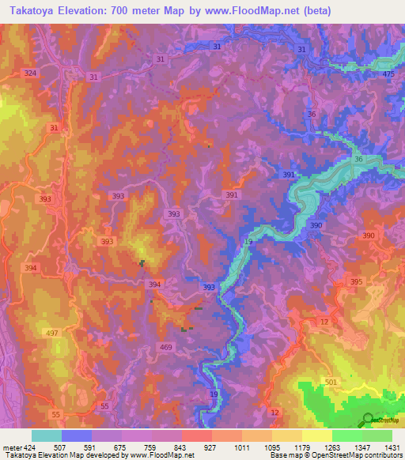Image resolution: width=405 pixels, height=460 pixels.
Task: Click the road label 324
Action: point(30,73)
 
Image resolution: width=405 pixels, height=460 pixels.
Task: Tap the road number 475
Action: point(388,74)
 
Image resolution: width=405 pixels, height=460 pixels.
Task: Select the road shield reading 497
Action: point(52,334)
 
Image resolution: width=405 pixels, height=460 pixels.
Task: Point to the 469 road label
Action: point(166,347)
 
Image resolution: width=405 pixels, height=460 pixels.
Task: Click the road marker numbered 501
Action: point(330,383)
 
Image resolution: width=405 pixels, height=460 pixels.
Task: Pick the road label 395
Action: point(356,282)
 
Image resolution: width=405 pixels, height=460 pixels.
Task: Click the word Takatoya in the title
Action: point(31,11)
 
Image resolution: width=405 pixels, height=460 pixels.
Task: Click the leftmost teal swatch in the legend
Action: point(46,435)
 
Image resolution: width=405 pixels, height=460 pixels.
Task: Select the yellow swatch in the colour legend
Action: point(316,435)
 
